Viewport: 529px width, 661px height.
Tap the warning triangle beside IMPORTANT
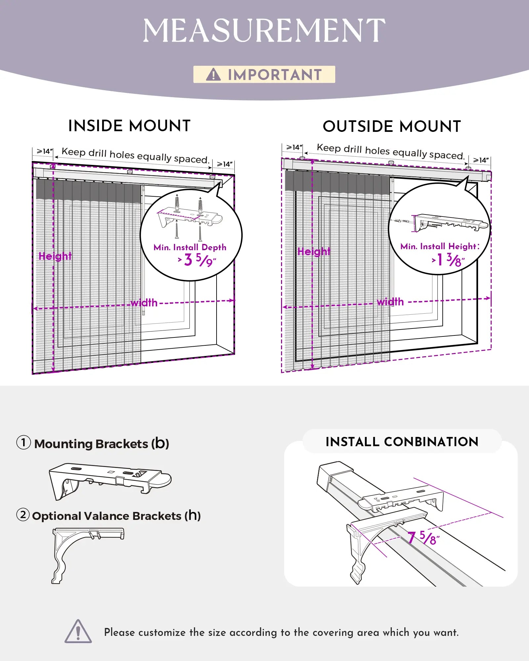213,75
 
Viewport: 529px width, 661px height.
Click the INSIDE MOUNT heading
129,126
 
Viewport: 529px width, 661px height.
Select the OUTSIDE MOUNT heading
392,126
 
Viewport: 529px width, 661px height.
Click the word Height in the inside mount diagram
55,256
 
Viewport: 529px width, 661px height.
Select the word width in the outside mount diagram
390,302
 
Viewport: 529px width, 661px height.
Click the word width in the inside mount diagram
144,303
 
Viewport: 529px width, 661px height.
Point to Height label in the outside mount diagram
314,252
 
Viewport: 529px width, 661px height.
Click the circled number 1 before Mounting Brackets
23,443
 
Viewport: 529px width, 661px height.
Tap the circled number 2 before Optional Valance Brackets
23,515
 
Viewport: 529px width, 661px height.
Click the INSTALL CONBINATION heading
402,442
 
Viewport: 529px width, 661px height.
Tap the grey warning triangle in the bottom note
78,632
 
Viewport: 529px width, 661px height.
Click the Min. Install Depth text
190,247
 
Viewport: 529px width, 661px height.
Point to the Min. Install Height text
439,246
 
